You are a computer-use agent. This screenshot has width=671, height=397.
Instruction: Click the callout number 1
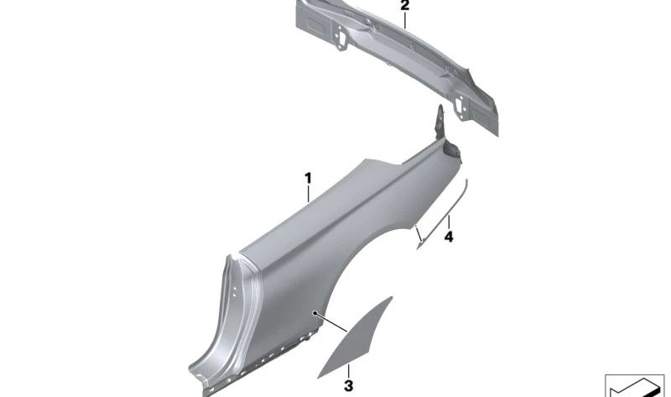point(308,178)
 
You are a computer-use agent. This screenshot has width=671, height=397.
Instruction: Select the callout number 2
point(405,6)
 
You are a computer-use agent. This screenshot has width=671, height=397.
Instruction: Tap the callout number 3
point(349,385)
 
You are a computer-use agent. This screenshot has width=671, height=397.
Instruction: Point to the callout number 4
point(449,237)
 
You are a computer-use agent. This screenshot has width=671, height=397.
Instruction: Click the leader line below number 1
point(308,194)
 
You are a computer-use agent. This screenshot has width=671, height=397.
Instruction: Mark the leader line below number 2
point(405,20)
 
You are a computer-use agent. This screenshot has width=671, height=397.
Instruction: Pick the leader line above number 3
point(349,371)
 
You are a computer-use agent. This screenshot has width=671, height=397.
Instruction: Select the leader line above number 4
point(449,222)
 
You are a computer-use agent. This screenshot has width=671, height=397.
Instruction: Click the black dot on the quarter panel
point(315,313)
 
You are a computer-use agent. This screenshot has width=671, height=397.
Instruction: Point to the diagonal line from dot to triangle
point(331,322)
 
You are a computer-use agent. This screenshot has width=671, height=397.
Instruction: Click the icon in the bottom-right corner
point(635,385)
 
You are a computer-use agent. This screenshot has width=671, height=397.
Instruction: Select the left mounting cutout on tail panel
point(341,37)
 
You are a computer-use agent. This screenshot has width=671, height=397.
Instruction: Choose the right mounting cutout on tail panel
point(460,107)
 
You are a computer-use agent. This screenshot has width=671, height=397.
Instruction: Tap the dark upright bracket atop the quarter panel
point(440,123)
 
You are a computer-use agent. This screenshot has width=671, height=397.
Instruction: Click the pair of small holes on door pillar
point(235,292)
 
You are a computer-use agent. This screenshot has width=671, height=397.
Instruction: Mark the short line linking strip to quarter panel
point(418,234)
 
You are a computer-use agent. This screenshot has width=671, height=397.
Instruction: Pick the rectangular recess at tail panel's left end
point(315,24)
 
